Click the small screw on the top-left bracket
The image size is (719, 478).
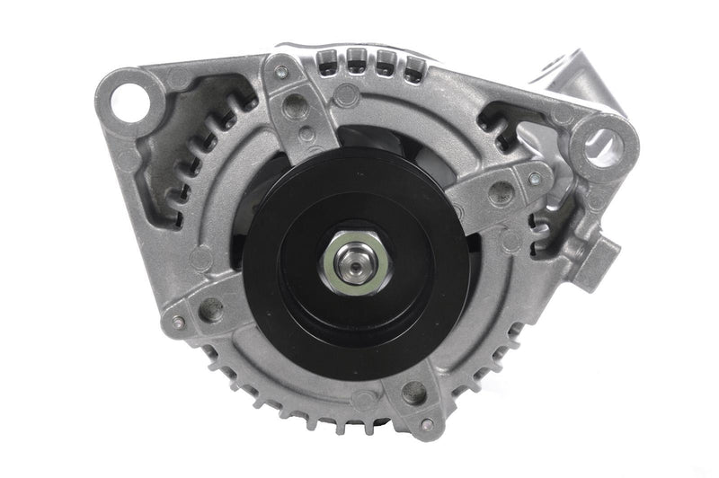click(282, 73)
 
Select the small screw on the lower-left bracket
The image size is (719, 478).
click(177, 321)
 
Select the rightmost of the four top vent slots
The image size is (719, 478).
click(413, 65)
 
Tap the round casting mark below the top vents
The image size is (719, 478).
click(346, 93)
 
